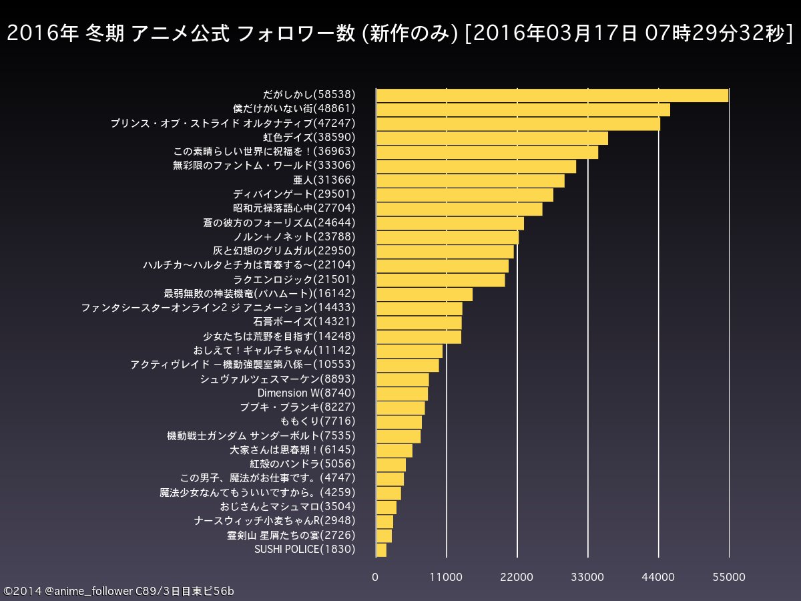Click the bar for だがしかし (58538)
point(552,95)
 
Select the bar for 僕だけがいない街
point(523,110)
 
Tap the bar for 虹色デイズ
point(492,138)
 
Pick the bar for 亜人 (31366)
point(470,181)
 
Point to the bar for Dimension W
point(402,393)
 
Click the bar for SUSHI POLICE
point(381,550)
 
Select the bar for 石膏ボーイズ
point(419,323)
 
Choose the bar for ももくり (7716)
point(399,422)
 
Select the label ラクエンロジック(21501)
point(294,280)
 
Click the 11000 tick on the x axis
point(447,577)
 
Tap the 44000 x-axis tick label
point(658,577)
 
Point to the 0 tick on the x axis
point(376,577)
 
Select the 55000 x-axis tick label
point(729,577)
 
